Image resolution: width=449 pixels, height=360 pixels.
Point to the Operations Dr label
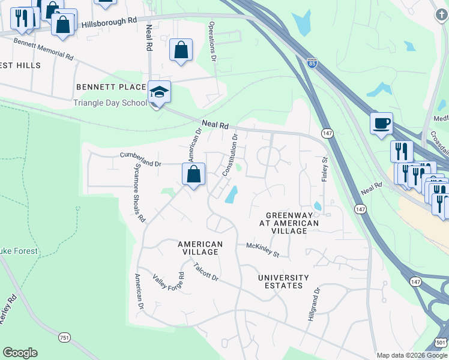click(212, 42)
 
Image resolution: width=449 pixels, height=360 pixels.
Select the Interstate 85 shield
click(312, 62)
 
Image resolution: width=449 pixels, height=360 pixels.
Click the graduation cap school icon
click(160, 92)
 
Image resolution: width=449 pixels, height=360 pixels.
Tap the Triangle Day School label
click(110, 103)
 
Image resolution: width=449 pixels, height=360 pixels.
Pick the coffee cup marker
click(381, 124)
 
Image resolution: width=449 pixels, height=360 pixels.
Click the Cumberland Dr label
click(141, 159)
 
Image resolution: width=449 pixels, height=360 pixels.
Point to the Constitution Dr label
click(231, 155)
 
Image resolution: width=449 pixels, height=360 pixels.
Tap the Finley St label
click(325, 170)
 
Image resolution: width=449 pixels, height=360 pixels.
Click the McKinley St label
click(263, 250)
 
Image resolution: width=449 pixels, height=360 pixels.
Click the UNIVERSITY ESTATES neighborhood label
click(283, 281)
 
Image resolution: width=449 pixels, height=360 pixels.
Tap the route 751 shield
click(64, 338)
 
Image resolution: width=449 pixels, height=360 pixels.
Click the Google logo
click(20, 353)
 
